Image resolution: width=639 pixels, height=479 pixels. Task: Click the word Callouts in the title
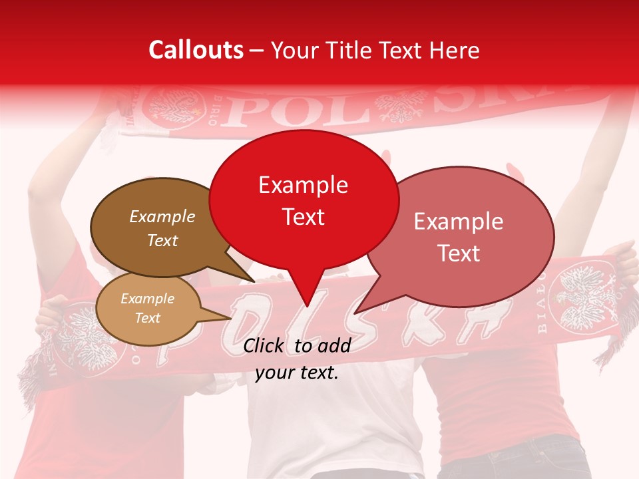[x=196, y=50]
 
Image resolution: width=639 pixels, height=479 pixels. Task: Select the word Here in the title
[x=454, y=50]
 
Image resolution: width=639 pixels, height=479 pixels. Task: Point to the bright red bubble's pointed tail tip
[x=308, y=306]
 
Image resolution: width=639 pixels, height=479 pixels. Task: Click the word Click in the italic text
[x=265, y=345]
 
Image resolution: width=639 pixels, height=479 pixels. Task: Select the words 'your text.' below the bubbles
[x=297, y=373]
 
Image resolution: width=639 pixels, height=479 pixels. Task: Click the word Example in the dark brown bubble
[x=162, y=217]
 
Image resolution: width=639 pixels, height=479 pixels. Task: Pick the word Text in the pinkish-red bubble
[x=459, y=253]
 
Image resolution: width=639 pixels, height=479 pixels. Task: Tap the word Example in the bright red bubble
[x=303, y=185]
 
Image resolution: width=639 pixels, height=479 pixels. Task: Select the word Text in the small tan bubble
[x=148, y=318]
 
